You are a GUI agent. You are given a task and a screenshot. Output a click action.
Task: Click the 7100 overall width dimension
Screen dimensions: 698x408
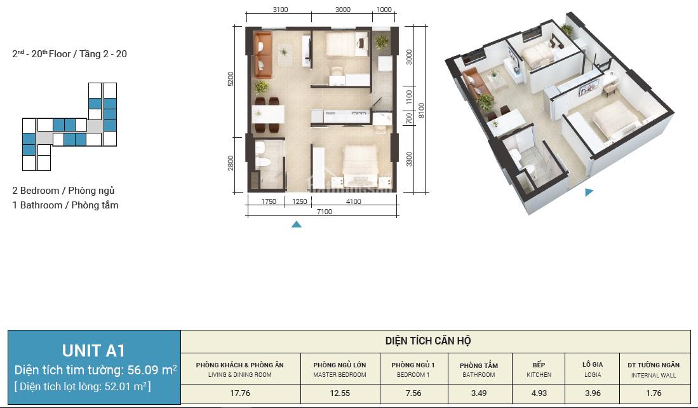[325, 212]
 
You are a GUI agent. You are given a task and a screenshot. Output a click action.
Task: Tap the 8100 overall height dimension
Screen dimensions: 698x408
[422, 110]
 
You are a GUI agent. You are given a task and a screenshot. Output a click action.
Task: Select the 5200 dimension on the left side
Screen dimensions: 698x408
[230, 79]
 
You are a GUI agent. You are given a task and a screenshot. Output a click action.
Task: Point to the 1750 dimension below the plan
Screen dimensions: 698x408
[269, 201]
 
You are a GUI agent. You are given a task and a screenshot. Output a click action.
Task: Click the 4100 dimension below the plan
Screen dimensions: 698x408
[354, 201]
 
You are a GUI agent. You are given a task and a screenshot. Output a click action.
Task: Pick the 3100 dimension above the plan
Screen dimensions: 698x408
[280, 10]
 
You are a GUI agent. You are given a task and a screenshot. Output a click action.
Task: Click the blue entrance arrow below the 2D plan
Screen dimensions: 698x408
[297, 224]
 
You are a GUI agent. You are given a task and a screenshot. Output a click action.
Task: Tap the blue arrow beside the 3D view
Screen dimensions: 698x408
[589, 192]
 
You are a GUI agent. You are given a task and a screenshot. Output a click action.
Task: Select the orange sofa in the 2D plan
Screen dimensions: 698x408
[263, 55]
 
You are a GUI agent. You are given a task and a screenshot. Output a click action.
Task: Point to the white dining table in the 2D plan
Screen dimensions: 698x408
[268, 114]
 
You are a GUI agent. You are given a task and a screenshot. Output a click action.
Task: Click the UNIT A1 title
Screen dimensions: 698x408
[93, 351]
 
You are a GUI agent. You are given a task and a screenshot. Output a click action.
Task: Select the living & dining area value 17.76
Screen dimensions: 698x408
[240, 393]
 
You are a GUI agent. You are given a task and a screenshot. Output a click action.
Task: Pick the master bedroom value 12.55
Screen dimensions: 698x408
[340, 393]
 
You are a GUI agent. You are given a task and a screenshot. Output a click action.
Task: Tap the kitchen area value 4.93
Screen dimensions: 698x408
[539, 393]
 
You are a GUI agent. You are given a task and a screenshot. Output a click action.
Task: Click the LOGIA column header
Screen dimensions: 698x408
[593, 369]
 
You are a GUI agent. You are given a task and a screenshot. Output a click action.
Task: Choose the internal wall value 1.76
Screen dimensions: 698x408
[654, 393]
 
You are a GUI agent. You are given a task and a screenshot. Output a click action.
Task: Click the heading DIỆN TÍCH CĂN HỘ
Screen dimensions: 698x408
[428, 341]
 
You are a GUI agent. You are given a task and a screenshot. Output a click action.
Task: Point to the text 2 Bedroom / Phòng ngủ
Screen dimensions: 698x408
[64, 191]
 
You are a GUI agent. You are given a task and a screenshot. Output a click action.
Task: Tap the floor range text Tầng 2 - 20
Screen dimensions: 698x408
[104, 54]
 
